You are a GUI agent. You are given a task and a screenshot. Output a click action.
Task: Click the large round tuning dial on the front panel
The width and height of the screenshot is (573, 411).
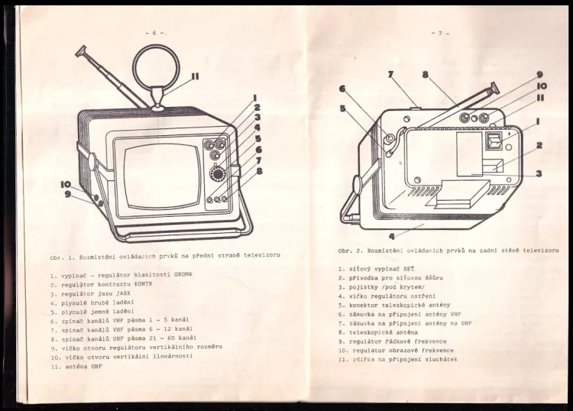click(x=218, y=173)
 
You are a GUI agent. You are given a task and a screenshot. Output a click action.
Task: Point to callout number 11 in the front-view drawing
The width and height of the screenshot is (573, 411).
click(x=196, y=76)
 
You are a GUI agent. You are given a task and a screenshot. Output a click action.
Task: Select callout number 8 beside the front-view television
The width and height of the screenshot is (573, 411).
click(x=259, y=171)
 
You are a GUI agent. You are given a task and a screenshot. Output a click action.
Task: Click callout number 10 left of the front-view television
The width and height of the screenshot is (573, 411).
click(x=66, y=184)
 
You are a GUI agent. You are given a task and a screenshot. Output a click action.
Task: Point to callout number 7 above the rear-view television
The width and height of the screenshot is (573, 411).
click(x=390, y=75)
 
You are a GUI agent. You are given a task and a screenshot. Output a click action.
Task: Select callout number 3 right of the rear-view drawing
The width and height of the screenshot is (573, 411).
click(x=539, y=173)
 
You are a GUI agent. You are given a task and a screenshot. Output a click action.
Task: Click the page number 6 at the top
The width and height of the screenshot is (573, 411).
click(x=154, y=33)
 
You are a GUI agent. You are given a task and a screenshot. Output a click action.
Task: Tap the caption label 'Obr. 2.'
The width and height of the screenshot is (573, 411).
click(x=350, y=251)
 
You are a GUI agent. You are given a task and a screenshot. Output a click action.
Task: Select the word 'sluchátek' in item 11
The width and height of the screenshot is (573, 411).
click(x=439, y=358)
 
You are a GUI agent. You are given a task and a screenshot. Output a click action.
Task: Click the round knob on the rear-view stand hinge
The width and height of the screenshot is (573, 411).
click(x=356, y=184)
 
